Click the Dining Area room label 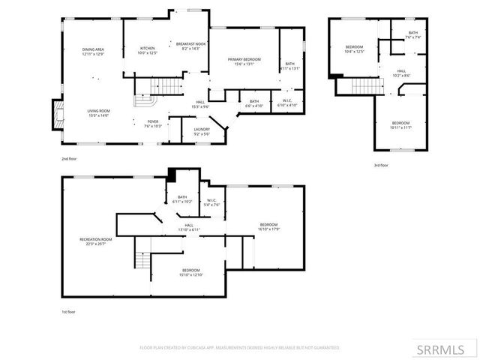(x=93, y=52)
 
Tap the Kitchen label (x=148, y=52)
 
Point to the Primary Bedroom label (x=244, y=61)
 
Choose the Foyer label (x=152, y=124)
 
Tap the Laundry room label (x=202, y=132)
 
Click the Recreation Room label (x=96, y=241)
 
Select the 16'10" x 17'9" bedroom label (x=269, y=227)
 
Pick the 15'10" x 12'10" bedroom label (x=191, y=272)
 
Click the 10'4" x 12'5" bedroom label (x=354, y=49)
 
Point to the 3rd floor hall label (x=402, y=73)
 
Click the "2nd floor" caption (x=70, y=159)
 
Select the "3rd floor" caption (x=381, y=165)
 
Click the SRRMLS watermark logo (x=446, y=349)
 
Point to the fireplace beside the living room (x=55, y=115)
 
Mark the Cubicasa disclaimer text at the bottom (x=240, y=347)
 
